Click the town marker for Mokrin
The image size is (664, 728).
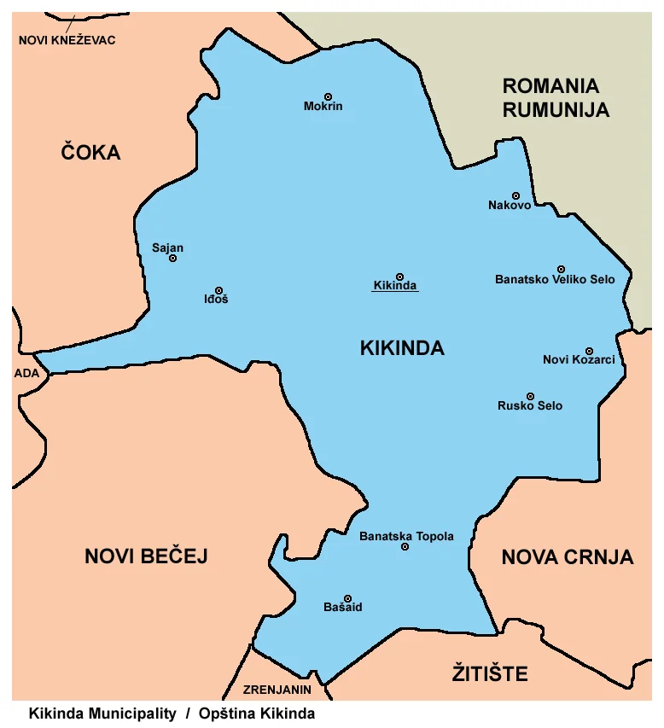(328, 96)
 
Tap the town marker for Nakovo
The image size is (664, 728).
(515, 195)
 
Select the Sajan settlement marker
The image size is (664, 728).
(172, 258)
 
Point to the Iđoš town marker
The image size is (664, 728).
(218, 290)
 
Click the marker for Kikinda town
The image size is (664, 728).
(399, 277)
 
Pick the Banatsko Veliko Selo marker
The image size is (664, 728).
(561, 269)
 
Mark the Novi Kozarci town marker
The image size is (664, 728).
(589, 351)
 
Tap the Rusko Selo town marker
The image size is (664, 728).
(530, 397)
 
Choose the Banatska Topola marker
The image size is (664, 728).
(405, 546)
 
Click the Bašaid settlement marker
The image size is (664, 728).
(347, 598)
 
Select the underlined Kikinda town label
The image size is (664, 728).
(395, 286)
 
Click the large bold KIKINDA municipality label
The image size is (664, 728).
(402, 348)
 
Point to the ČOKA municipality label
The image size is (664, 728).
(90, 153)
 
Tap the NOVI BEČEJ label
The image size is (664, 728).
(146, 556)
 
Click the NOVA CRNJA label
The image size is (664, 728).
(567, 557)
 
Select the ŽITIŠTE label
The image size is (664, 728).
(489, 674)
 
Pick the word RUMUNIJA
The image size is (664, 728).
(556, 109)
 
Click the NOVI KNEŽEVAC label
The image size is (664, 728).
(67, 40)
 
